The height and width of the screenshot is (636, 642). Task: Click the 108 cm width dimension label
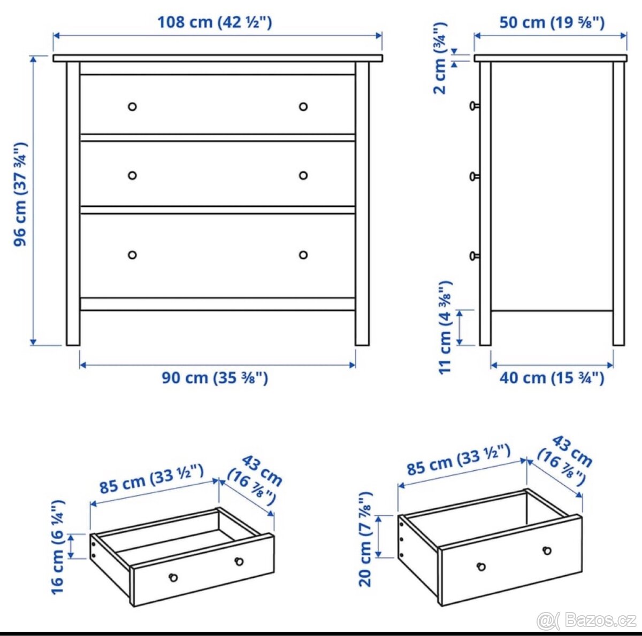pos(215,22)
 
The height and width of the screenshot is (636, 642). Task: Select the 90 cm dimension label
pos(215,378)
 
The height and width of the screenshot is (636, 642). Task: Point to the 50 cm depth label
pos(552,22)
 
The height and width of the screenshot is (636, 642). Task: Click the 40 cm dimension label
pos(552,378)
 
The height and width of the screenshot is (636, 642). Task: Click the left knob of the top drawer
pos(132,106)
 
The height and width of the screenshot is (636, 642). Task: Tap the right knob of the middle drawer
pos(303,175)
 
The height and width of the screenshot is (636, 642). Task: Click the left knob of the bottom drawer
pos(132,255)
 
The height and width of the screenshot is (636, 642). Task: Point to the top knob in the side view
pos(473,106)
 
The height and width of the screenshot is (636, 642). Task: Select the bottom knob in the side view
pos(473,257)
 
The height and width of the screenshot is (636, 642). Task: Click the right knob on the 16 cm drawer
pos(239,561)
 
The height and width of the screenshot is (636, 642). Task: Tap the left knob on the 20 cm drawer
pos(481,567)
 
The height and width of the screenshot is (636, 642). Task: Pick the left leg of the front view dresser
pos(73,321)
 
